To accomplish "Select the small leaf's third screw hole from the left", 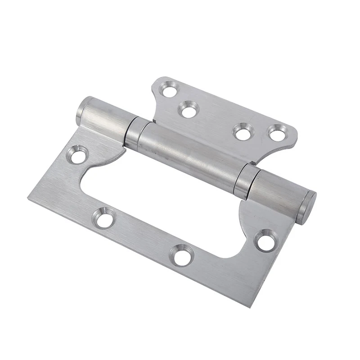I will (x=243, y=133).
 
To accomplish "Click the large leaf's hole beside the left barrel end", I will (x=78, y=156).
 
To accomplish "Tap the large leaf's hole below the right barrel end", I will (x=265, y=242).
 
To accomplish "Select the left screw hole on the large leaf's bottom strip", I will (x=104, y=219).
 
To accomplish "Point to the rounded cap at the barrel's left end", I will (x=81, y=111).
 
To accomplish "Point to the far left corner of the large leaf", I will (x=28, y=198).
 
